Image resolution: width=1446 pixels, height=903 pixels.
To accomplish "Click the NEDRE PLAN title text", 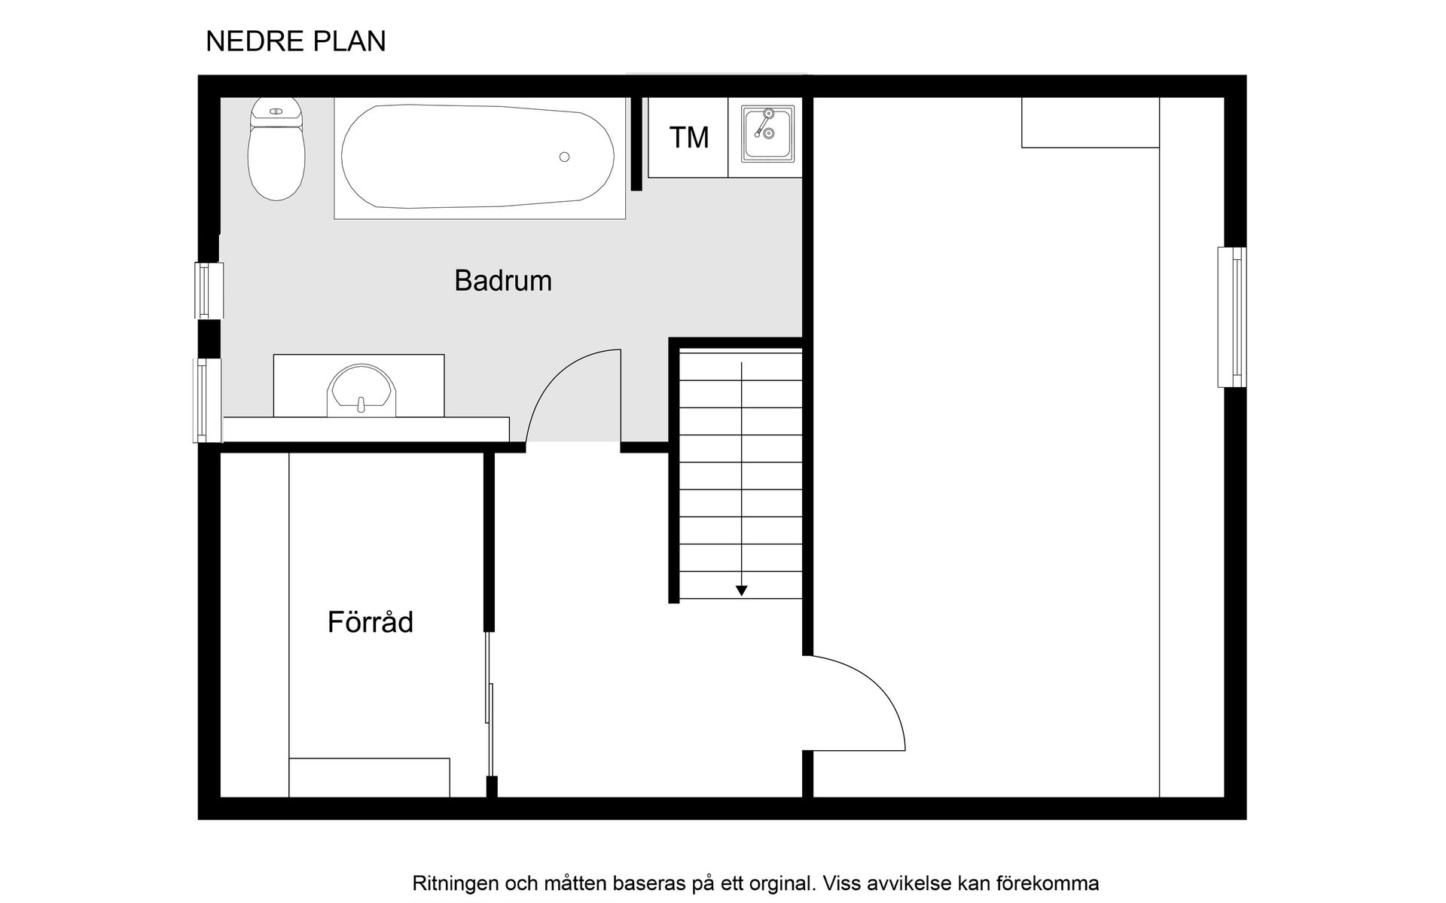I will click(295, 41).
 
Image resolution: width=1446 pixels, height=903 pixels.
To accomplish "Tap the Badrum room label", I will click(503, 281).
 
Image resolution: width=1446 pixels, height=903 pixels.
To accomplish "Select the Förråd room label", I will click(371, 623).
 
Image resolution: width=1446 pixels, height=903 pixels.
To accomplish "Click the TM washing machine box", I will click(688, 138).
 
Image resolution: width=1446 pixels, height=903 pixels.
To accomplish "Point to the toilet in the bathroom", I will click(276, 151).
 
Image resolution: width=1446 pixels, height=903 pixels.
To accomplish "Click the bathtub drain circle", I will click(564, 157).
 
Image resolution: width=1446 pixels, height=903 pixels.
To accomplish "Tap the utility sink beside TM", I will click(767, 133).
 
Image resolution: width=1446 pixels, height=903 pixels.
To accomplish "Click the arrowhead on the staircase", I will click(742, 591).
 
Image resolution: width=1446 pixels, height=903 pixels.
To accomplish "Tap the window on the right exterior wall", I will click(1231, 317).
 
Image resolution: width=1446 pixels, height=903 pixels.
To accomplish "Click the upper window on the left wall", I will click(209, 290).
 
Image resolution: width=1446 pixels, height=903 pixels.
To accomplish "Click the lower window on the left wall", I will click(208, 400).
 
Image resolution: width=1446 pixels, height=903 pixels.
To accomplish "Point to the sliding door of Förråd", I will click(490, 708).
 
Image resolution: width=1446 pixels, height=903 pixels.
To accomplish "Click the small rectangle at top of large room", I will click(1090, 123).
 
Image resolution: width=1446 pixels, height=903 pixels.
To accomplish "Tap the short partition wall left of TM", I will click(636, 143).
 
